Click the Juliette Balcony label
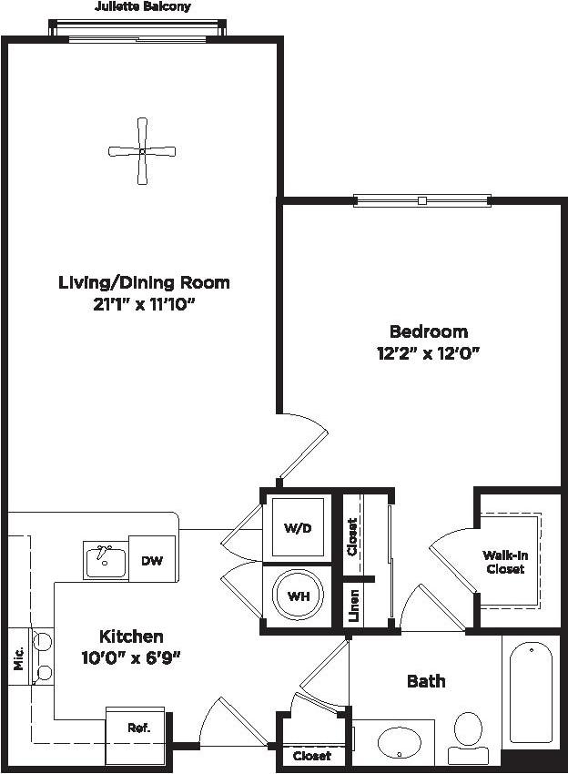tap(143, 6)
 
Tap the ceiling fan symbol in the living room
tap(142, 151)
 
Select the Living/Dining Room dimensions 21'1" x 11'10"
tap(143, 305)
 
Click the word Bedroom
tap(429, 331)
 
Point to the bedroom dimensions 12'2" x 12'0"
tap(429, 353)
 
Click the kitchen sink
tap(106, 562)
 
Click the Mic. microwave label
tap(17, 657)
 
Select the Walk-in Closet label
tap(504, 562)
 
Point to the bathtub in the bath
tap(530, 692)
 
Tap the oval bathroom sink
tap(401, 741)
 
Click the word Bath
tap(426, 680)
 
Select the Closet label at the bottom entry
tap(312, 756)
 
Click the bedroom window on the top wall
tap(421, 199)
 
